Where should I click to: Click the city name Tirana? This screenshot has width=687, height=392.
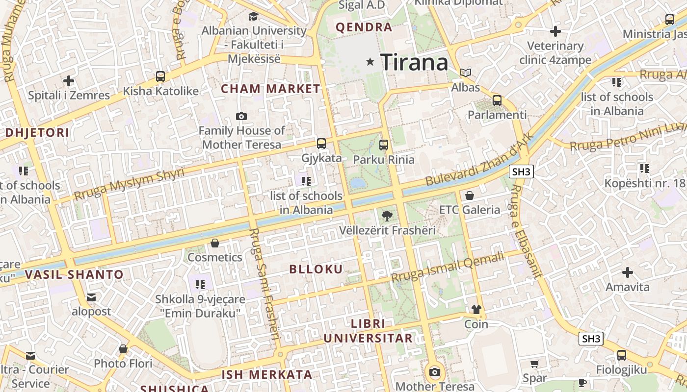[414, 62]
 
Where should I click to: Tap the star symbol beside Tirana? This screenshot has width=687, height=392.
[370, 62]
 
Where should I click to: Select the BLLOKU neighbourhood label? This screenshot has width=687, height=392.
[316, 269]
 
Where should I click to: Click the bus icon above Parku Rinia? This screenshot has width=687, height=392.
[384, 145]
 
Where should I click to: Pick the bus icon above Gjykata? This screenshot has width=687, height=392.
[321, 144]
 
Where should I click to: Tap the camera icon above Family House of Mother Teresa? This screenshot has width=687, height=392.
[241, 116]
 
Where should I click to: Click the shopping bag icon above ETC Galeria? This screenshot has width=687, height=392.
[470, 196]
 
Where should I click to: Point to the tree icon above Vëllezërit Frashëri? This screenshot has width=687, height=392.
[387, 215]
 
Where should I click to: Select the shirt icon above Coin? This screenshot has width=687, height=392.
[476, 310]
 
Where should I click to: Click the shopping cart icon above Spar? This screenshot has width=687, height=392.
[534, 364]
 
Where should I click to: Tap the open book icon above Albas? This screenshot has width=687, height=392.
[465, 73]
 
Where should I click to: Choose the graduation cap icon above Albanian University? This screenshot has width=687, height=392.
[254, 16]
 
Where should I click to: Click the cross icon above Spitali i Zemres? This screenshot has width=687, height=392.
[69, 80]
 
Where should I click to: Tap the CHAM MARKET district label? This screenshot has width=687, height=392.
[270, 89]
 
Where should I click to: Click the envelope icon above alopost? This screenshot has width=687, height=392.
[91, 297]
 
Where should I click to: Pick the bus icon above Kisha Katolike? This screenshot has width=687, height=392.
[160, 76]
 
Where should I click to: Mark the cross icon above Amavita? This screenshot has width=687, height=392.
[627, 272]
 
